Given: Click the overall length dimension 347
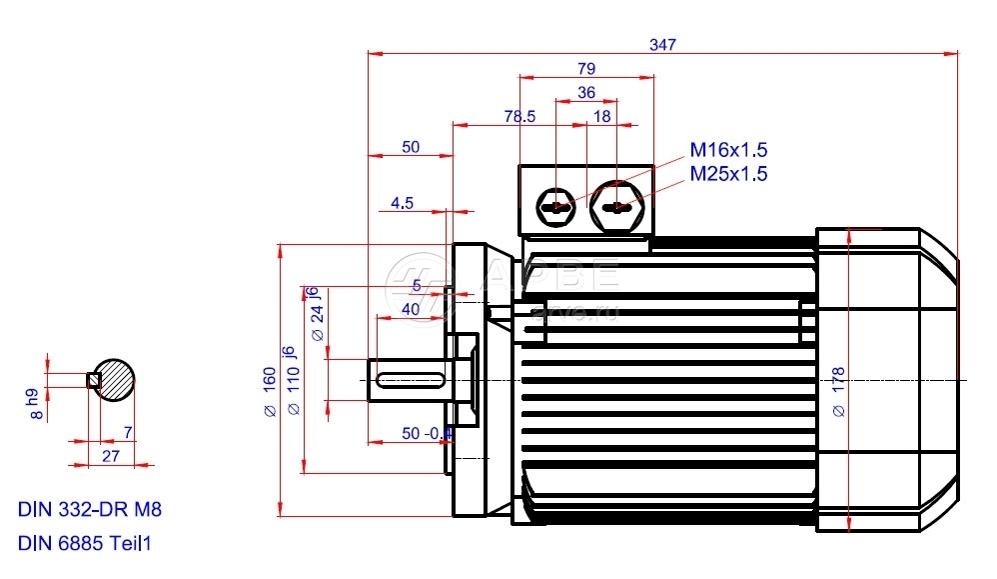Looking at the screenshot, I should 662,45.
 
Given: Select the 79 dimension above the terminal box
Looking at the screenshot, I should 586,69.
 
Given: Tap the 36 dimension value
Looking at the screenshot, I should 586,92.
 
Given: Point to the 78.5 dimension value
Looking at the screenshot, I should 519,116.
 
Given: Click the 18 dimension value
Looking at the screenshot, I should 602,116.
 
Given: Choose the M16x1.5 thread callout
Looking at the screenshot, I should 728,151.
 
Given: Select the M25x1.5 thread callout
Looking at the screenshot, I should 728,174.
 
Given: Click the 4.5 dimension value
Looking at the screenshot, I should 402,203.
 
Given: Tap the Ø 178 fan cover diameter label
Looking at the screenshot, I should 837,390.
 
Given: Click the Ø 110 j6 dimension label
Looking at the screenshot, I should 291,381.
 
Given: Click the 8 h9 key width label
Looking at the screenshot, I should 35,402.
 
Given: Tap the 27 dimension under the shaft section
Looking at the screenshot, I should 111,455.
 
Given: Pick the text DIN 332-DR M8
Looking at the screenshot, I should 90,509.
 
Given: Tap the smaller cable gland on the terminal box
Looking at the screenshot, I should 556,208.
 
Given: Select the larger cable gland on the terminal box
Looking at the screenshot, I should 618,207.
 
